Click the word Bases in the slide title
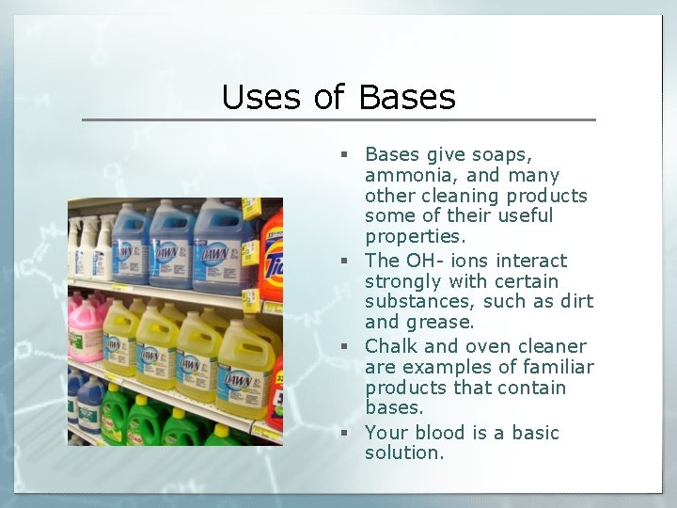click(x=407, y=97)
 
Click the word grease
click(x=442, y=323)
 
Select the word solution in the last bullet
click(x=404, y=453)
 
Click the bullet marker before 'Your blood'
click(x=346, y=433)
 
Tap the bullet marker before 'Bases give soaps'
click(x=346, y=154)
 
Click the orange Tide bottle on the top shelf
click(x=273, y=254)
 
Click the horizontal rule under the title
click(x=338, y=119)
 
